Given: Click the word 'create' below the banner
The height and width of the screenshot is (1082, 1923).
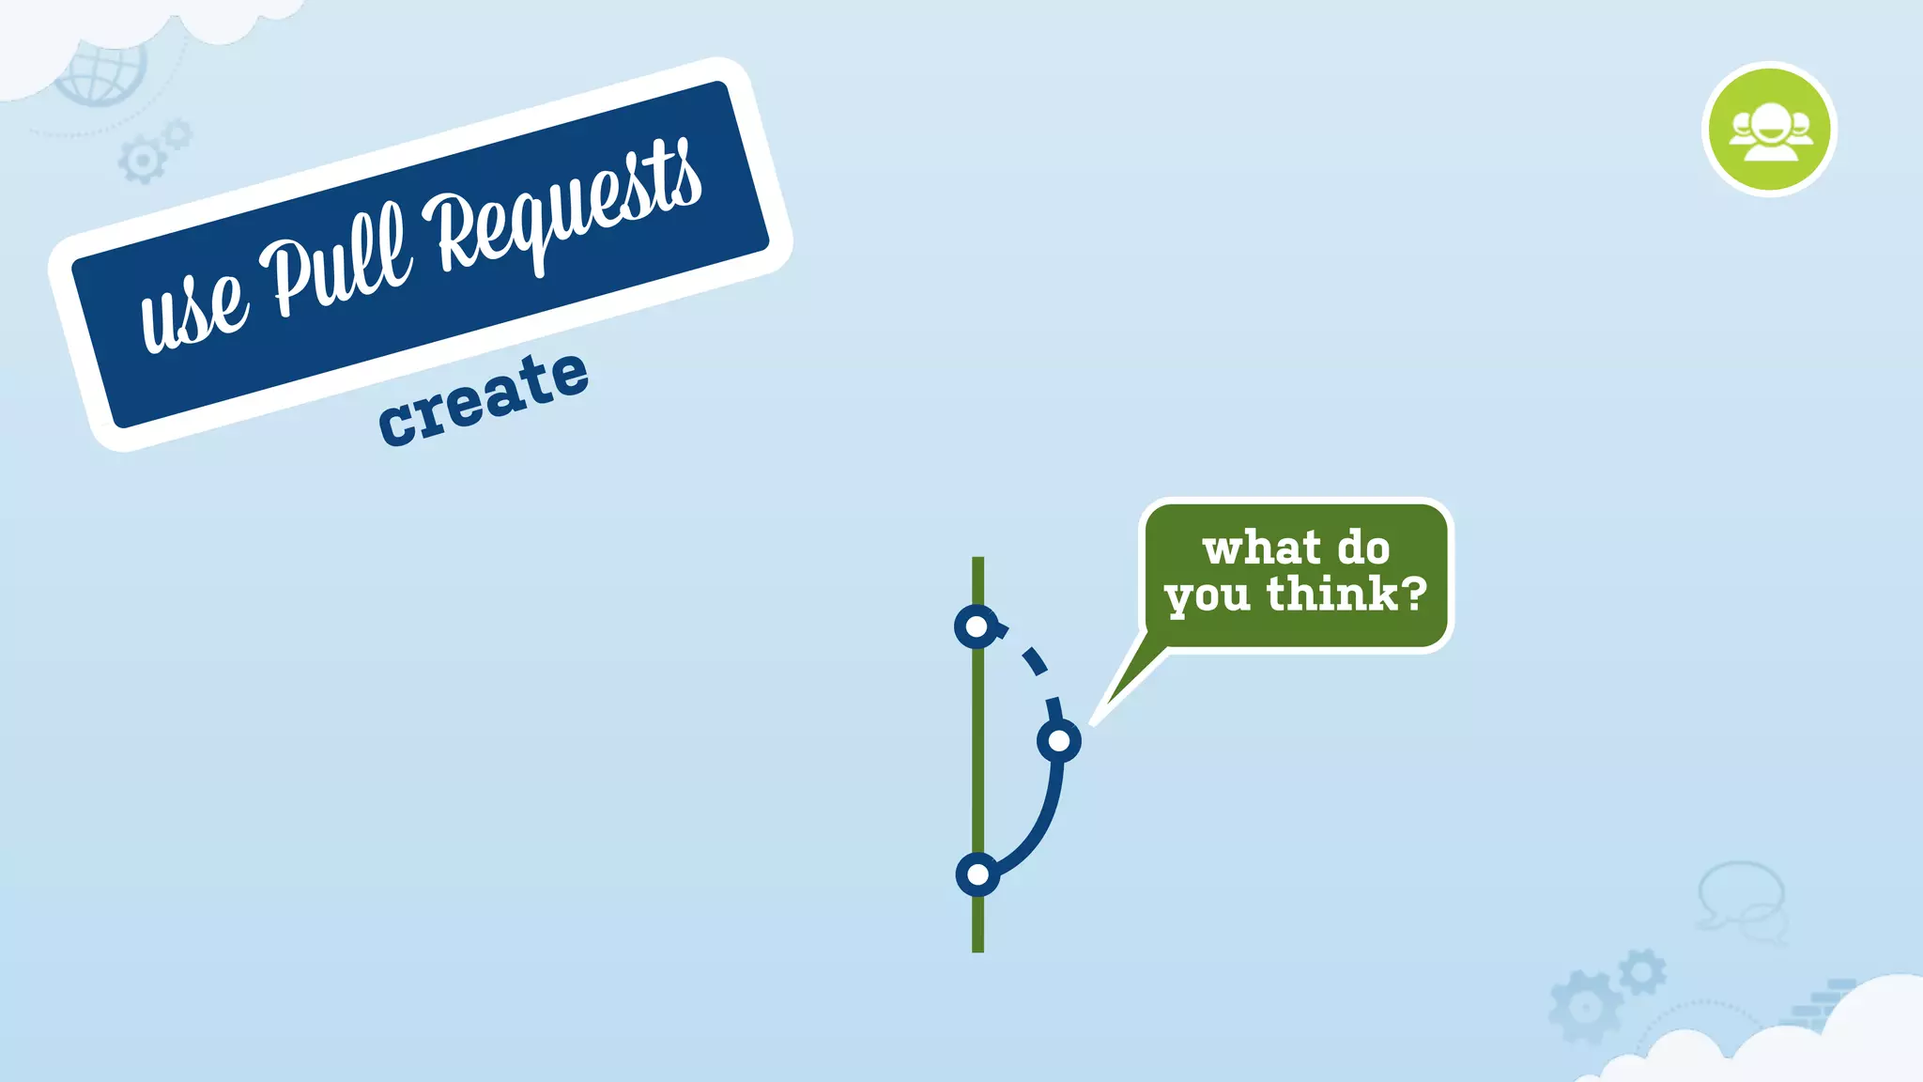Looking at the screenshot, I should pyautogui.click(x=484, y=398).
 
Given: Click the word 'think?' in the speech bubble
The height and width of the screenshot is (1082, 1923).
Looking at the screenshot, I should pyautogui.click(x=1346, y=594).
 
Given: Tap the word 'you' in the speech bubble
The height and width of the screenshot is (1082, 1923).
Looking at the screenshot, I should pyautogui.click(x=1207, y=597).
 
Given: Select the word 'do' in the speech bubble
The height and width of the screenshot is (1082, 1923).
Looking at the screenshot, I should pyautogui.click(x=1362, y=548).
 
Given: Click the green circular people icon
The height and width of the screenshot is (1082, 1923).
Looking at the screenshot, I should pyautogui.click(x=1769, y=130).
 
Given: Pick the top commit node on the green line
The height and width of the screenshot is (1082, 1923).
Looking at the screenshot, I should pyautogui.click(x=977, y=626).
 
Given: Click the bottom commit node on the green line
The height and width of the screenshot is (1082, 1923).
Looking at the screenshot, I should pyautogui.click(x=977, y=875).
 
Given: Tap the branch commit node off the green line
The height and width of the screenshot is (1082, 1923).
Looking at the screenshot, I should pyautogui.click(x=1059, y=741).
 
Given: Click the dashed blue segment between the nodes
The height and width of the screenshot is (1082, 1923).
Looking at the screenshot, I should pyautogui.click(x=1034, y=660).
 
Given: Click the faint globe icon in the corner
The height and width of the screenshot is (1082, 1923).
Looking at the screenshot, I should pyautogui.click(x=101, y=71).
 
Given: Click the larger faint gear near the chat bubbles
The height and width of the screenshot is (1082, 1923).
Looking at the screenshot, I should pyautogui.click(x=1586, y=1007).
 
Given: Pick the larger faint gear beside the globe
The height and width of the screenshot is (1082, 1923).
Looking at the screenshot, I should pyautogui.click(x=142, y=161).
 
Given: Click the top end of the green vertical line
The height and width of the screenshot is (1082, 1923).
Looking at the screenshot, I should pyautogui.click(x=977, y=562).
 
